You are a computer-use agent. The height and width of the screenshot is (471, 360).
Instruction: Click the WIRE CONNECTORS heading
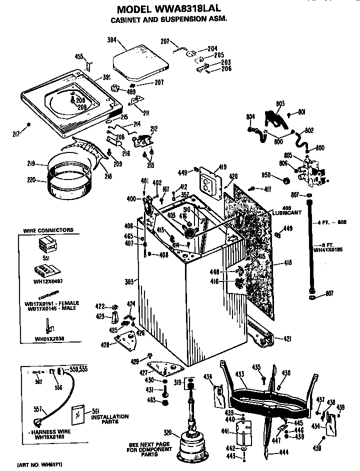click(x=48, y=230)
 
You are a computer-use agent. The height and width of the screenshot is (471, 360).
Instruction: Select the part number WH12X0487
click(x=48, y=281)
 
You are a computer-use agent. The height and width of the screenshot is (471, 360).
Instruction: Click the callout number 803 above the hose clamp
click(x=280, y=103)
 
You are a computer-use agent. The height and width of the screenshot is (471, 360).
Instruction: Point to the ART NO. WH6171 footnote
click(x=39, y=465)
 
